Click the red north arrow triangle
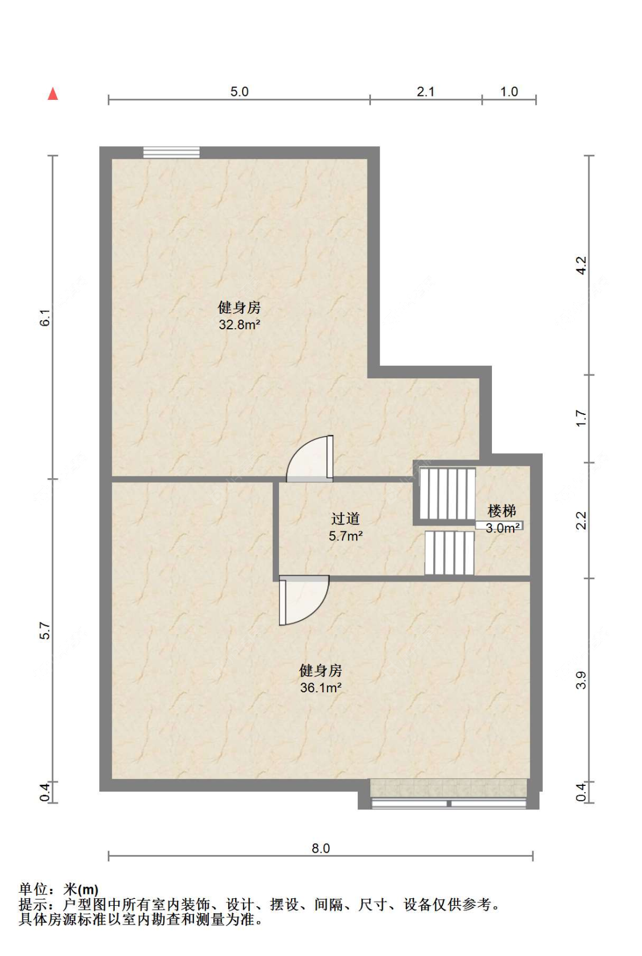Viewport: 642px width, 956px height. [53, 94]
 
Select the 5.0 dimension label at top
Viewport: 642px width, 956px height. [240, 92]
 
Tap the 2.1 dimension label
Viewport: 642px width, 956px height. [426, 92]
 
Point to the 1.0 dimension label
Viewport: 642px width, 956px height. [509, 92]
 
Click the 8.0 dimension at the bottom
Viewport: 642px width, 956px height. [321, 848]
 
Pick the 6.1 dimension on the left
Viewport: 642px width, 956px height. [46, 318]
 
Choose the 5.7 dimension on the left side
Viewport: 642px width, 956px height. [46, 630]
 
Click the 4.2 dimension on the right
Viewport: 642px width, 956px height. [581, 265]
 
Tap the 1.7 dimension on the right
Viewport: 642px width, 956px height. [581, 418]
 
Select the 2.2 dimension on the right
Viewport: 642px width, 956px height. [581, 521]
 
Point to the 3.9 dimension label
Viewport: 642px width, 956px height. [581, 680]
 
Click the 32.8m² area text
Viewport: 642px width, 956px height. [240, 325]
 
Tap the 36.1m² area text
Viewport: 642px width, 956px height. [321, 688]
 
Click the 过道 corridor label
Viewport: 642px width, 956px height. [346, 519]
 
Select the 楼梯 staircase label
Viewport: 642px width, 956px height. [502, 511]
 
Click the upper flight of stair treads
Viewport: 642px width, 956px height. [447, 494]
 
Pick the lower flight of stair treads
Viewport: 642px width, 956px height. [450, 552]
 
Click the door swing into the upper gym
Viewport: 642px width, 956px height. [309, 459]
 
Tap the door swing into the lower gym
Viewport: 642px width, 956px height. [304, 600]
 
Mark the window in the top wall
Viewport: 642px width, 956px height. [171, 152]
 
